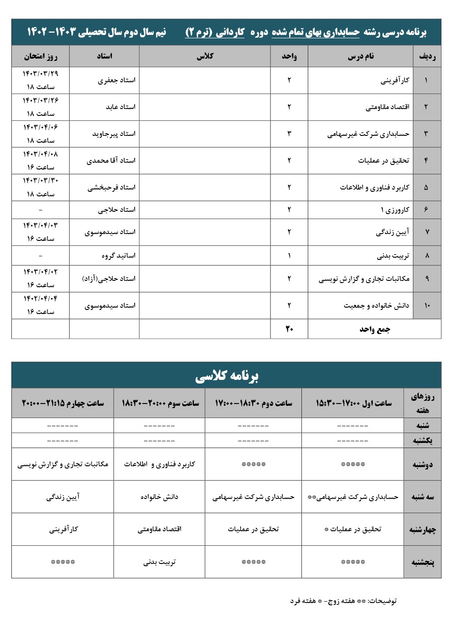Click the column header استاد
(104, 56)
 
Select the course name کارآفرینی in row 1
(395, 80)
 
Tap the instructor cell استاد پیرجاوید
(114, 134)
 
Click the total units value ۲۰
(289, 329)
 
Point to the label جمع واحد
(375, 329)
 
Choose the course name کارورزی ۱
(395, 209)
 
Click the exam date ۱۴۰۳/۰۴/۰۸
(40, 154)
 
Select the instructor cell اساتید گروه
(118, 255)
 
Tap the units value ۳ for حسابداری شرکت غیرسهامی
(289, 134)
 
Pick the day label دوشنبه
(422, 464)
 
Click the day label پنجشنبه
(422, 562)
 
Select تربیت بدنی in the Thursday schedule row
(159, 562)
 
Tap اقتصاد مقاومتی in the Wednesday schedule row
(159, 529)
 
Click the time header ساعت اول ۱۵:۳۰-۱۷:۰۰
(353, 403)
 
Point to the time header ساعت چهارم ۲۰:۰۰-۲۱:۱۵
(63, 403)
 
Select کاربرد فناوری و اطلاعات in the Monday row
(159, 464)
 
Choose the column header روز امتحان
(40, 56)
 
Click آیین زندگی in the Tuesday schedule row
(63, 497)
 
